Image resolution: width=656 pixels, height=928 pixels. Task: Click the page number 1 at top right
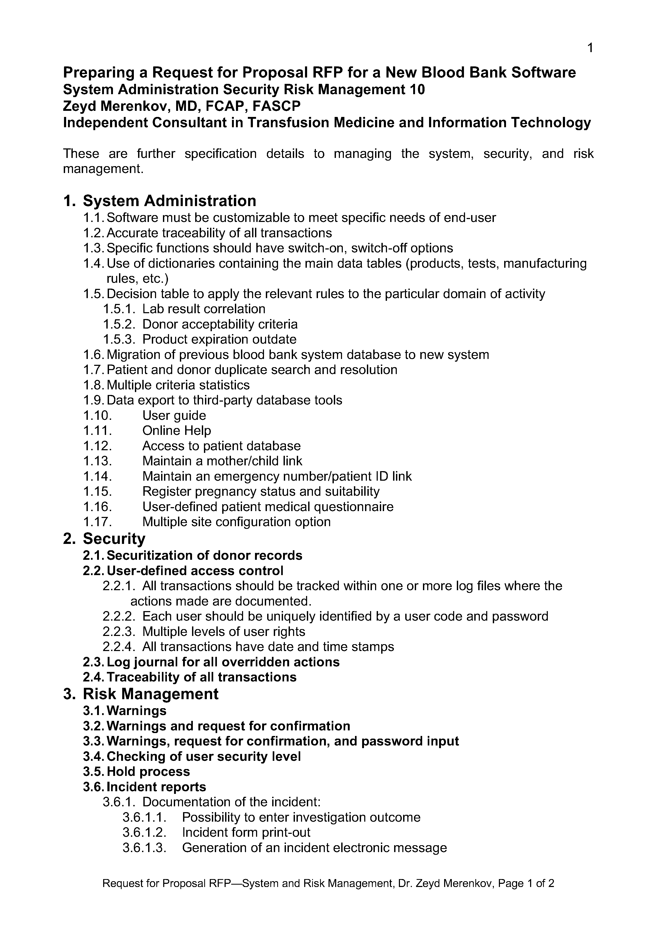(590, 48)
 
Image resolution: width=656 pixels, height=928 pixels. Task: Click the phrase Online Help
(177, 430)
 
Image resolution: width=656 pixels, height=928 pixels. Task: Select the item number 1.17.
(97, 522)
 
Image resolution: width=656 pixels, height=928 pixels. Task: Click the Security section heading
(114, 539)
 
